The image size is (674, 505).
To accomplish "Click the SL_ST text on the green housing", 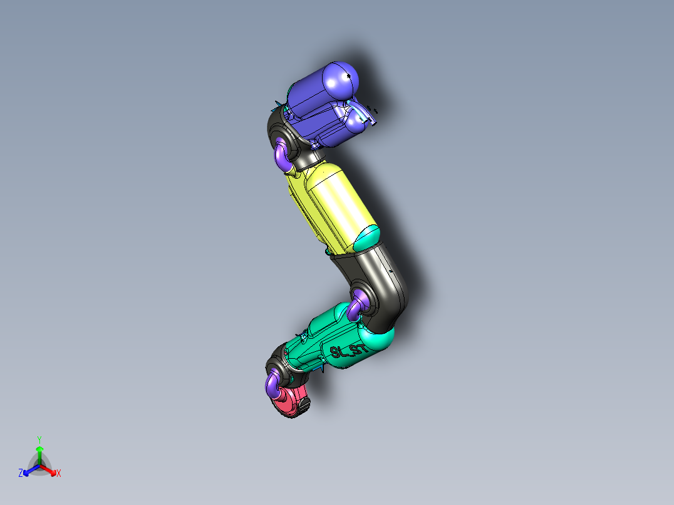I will pyautogui.click(x=349, y=351).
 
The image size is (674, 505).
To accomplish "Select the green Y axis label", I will pyautogui.click(x=39, y=439).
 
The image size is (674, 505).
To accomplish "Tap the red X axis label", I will pyautogui.click(x=59, y=474).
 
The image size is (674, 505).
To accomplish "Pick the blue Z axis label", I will pyautogui.click(x=21, y=474).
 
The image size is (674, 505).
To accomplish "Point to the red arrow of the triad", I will pyautogui.click(x=51, y=470).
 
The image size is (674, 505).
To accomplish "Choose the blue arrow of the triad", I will pyautogui.click(x=29, y=470).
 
